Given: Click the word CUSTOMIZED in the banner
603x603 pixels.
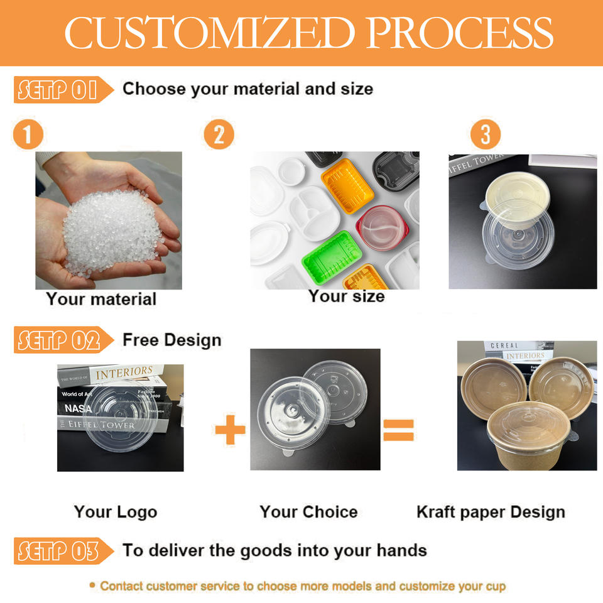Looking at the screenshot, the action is (210, 33).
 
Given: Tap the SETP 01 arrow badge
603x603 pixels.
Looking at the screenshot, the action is (63, 90).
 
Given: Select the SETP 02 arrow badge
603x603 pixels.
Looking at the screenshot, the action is (63, 340).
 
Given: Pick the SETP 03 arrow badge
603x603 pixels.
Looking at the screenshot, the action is (63, 551).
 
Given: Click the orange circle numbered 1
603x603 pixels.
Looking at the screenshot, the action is (28, 134).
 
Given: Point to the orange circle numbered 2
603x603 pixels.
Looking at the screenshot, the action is (219, 134).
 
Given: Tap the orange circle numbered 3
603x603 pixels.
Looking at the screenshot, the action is (486, 134).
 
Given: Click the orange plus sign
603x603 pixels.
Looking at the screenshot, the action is (230, 430).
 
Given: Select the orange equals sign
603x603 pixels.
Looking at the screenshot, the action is (398, 430).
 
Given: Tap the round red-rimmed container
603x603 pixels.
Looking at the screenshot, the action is (383, 228).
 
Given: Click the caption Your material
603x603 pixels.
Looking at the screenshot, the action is (101, 299).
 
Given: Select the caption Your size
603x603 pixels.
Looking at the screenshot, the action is (347, 296).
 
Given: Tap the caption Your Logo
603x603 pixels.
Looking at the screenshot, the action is (116, 512).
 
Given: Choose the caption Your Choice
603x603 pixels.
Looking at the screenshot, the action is (309, 512).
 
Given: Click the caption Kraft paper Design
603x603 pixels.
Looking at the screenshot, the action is (491, 513).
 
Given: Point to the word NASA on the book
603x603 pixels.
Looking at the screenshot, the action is (78, 408).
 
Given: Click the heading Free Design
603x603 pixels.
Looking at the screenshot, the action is (172, 340).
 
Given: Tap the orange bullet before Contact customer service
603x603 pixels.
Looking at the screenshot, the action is (92, 585).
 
